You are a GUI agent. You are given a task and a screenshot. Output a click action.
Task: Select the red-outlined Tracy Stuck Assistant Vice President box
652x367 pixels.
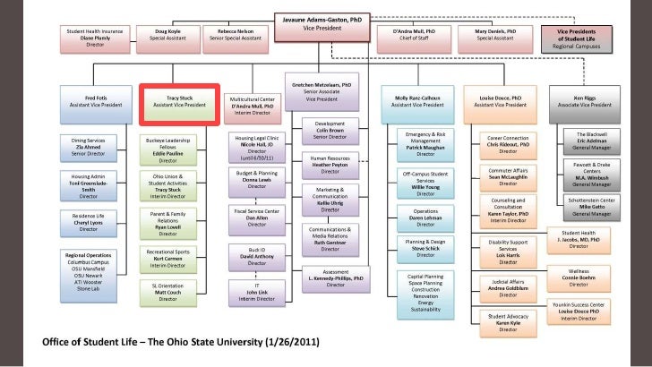point(179,104)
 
